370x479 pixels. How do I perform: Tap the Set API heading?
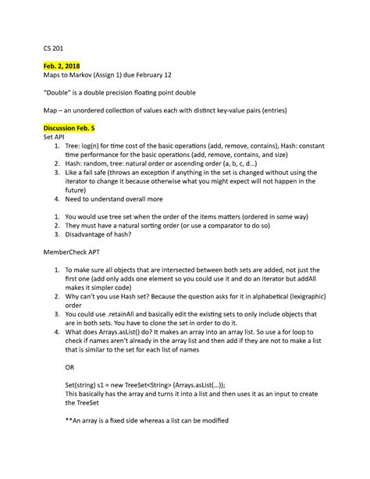(57, 137)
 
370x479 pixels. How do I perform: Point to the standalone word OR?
(70, 366)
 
